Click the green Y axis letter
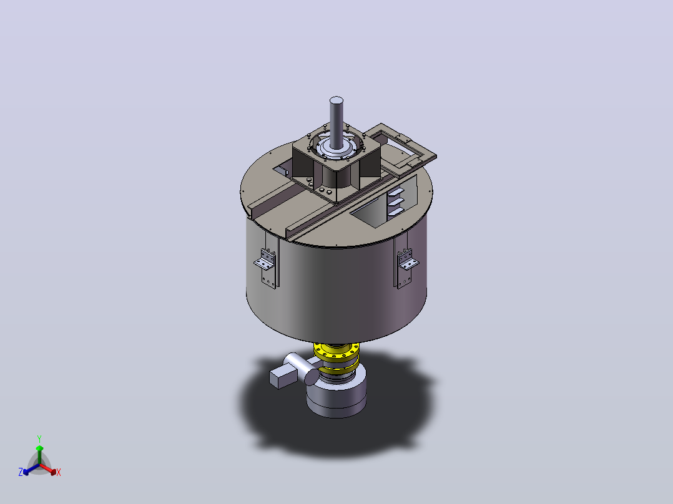[39, 439]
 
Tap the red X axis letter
[59, 472]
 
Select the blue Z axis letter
[21, 472]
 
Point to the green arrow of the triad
[39, 455]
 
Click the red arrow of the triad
[48, 469]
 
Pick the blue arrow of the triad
[31, 469]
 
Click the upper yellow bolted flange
[336, 352]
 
